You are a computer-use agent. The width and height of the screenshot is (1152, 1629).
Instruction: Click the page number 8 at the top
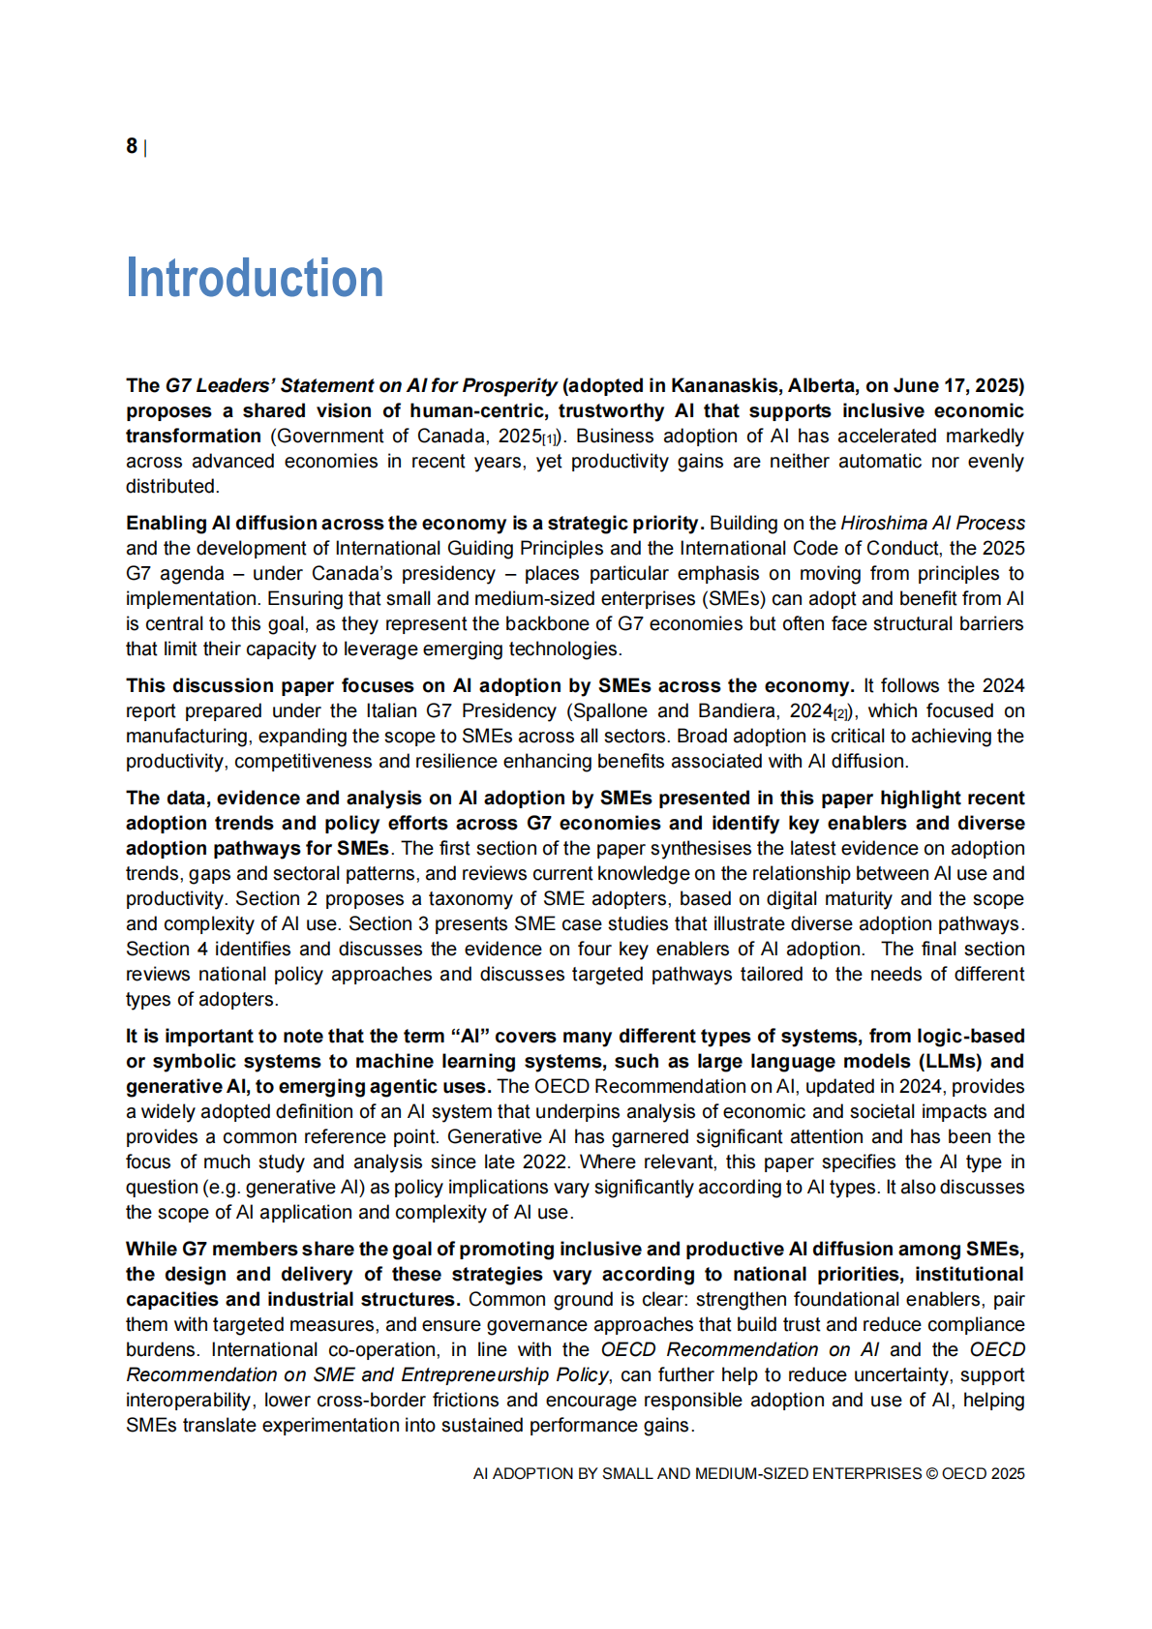click(x=132, y=146)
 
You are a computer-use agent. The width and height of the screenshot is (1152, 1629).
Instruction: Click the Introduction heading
click(x=255, y=279)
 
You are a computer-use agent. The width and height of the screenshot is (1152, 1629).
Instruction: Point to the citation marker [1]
click(x=551, y=438)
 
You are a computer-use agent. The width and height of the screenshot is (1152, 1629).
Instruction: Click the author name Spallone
click(x=611, y=710)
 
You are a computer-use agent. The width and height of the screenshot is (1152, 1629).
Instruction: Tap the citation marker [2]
click(x=841, y=713)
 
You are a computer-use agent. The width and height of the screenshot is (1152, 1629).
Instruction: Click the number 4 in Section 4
click(x=202, y=949)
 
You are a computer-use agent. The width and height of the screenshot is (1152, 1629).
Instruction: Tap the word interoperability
click(x=190, y=1400)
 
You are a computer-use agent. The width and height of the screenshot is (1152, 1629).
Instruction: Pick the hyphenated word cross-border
click(x=365, y=1400)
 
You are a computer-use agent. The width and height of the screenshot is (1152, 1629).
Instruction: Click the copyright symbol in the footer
click(x=931, y=1473)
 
